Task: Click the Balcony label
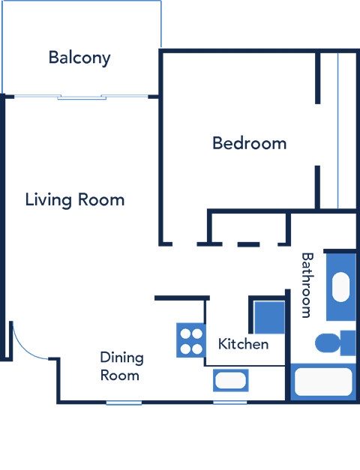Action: click(79, 58)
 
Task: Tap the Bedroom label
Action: click(249, 142)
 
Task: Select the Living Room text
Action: click(74, 200)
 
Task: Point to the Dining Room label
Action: click(121, 366)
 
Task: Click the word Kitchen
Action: click(243, 344)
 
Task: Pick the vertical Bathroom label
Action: click(306, 285)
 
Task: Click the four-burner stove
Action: click(190, 340)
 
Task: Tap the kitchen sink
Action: click(230, 380)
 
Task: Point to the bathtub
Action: click(323, 382)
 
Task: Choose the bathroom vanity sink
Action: click(340, 286)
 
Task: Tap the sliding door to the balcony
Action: click(82, 97)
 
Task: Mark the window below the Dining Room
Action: click(124, 403)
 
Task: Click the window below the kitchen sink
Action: click(230, 403)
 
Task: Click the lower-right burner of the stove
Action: click(197, 347)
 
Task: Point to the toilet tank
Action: click(348, 343)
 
